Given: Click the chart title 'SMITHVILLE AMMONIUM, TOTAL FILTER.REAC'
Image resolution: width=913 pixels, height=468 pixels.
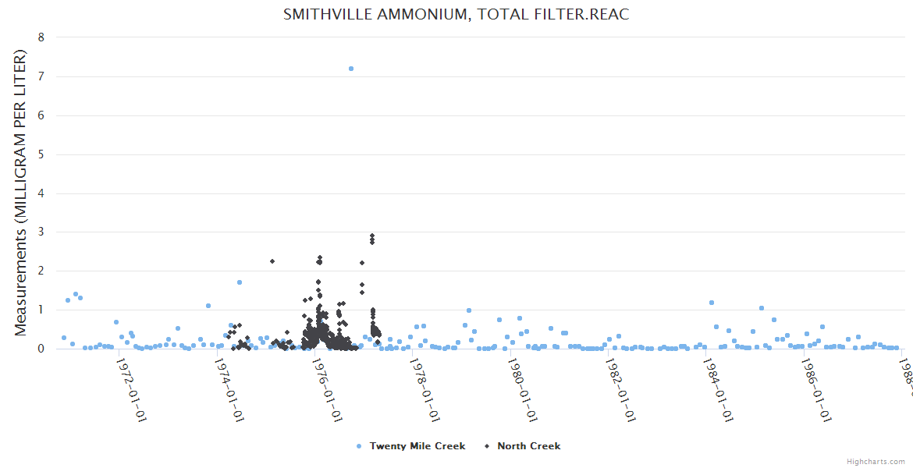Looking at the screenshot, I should [456, 15].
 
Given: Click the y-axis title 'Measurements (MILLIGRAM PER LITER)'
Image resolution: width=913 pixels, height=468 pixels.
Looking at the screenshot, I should [21, 193].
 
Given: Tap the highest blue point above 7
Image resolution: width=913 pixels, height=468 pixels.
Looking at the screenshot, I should [351, 69].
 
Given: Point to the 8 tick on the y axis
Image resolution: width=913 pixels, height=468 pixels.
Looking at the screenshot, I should [41, 37].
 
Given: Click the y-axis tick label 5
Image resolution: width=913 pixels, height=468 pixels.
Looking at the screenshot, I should [41, 154].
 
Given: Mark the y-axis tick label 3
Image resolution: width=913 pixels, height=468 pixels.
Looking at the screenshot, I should [41, 232].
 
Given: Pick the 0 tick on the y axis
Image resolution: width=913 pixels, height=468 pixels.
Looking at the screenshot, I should [41, 349].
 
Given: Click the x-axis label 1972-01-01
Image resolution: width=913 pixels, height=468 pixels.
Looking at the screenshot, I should [131, 388].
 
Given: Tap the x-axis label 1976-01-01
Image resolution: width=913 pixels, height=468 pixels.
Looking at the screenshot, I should [327, 388].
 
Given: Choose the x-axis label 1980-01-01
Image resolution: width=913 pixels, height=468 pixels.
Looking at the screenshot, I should [522, 388].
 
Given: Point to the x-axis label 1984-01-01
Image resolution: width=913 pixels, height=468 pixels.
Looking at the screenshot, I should [718, 388].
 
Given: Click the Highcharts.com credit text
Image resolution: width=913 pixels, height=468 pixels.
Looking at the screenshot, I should [876, 461].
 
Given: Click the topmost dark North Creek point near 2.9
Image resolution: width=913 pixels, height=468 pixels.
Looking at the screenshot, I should [372, 236].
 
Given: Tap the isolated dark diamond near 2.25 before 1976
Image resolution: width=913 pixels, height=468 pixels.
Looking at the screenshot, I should [272, 261].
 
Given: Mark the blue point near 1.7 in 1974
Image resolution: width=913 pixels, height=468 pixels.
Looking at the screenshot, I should [240, 282].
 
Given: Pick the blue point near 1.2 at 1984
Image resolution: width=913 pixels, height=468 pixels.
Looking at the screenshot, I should [712, 303].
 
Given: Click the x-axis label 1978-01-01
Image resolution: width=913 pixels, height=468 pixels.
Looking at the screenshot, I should [425, 388].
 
